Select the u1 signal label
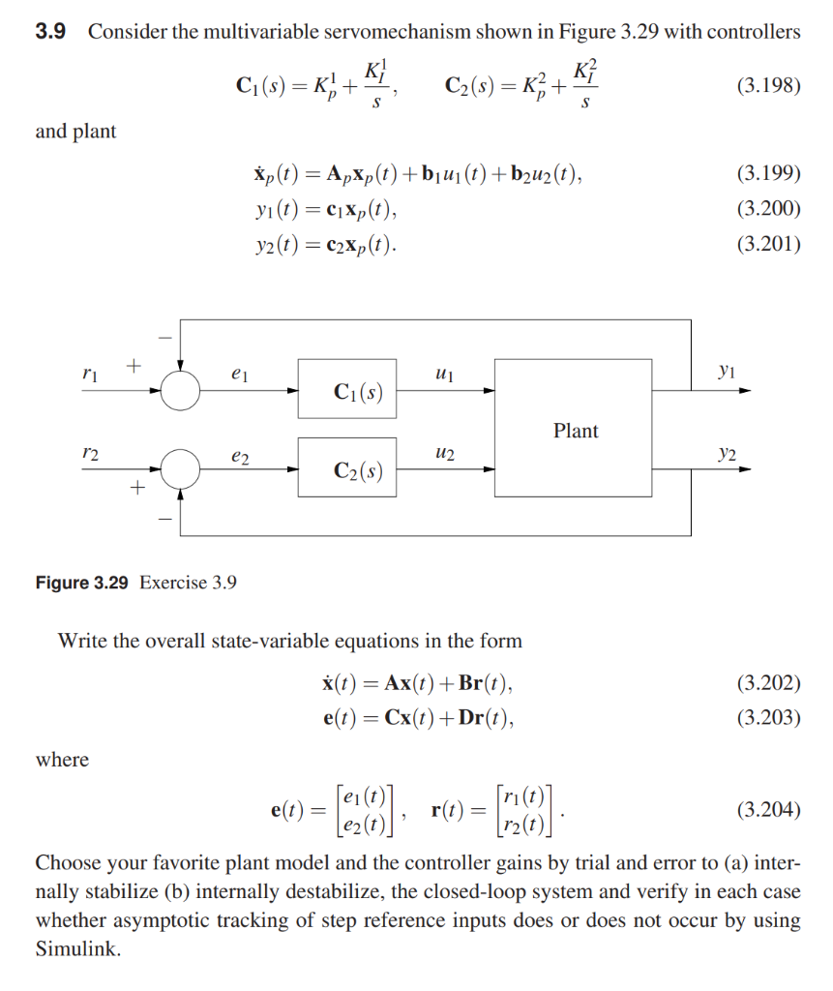point(445,372)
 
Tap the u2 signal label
point(445,451)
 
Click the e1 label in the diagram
point(239,373)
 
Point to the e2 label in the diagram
point(239,452)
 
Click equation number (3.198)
point(768,85)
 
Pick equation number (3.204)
point(768,809)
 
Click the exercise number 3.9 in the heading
point(50,32)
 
